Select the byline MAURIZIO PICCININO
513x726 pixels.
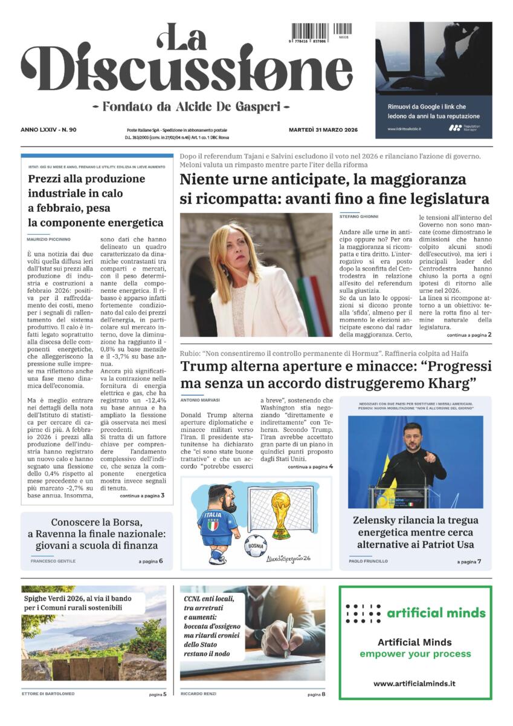tap(49, 240)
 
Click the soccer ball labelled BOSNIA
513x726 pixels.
tap(256, 546)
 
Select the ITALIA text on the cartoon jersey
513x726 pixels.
tap(210, 514)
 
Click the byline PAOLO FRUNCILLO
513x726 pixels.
tap(368, 561)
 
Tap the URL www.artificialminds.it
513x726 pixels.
tap(415, 684)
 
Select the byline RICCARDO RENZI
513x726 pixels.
tap(198, 694)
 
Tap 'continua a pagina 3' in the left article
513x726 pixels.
tap(142, 495)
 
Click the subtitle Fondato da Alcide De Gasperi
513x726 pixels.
tap(191, 106)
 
